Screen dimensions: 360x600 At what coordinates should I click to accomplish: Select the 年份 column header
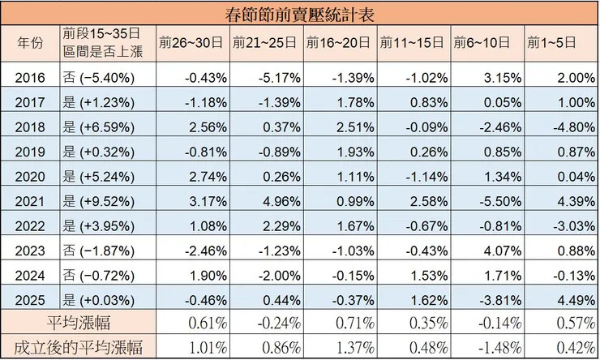click(x=29, y=43)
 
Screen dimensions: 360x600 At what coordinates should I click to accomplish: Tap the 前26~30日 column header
click(x=192, y=43)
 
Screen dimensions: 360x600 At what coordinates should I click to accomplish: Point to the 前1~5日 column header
click(x=559, y=43)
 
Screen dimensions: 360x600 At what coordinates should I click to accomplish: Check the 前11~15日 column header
click(x=413, y=43)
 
